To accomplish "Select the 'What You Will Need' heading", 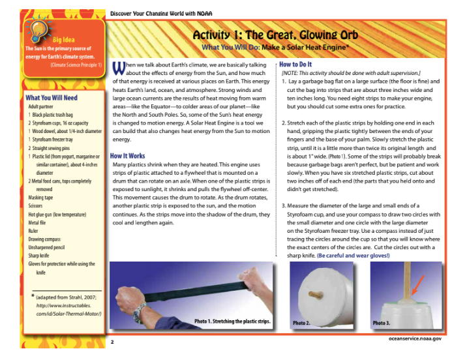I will (x=52, y=98).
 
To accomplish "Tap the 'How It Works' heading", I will (x=128, y=157).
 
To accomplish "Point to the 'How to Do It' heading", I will (x=295, y=65).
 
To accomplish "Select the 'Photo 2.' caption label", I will (x=301, y=323).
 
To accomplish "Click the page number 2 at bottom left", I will (x=112, y=341).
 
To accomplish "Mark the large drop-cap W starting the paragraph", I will (x=118, y=68).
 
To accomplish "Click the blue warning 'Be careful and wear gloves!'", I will (x=354, y=255).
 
